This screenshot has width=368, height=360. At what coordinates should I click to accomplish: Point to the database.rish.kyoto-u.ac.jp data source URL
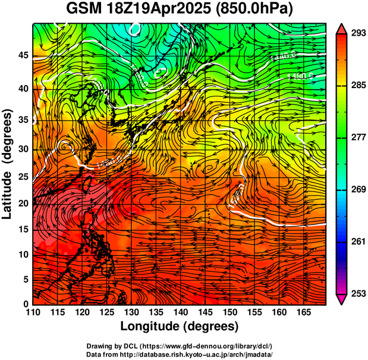pos(202,354)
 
